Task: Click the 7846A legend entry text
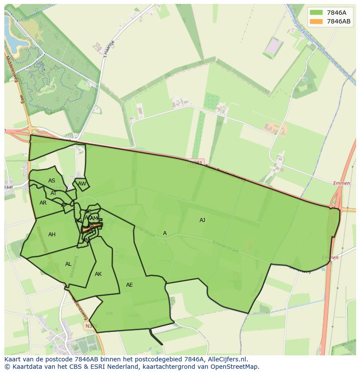(336, 13)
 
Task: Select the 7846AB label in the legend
(339, 21)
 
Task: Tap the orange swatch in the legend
(317, 21)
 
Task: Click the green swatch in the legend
(317, 13)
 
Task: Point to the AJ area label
(202, 220)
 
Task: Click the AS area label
(52, 181)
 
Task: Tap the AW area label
(82, 184)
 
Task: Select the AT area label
(53, 193)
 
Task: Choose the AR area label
(43, 203)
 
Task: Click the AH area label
(52, 235)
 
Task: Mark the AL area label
(68, 264)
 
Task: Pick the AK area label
(98, 274)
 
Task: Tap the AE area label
(129, 285)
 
